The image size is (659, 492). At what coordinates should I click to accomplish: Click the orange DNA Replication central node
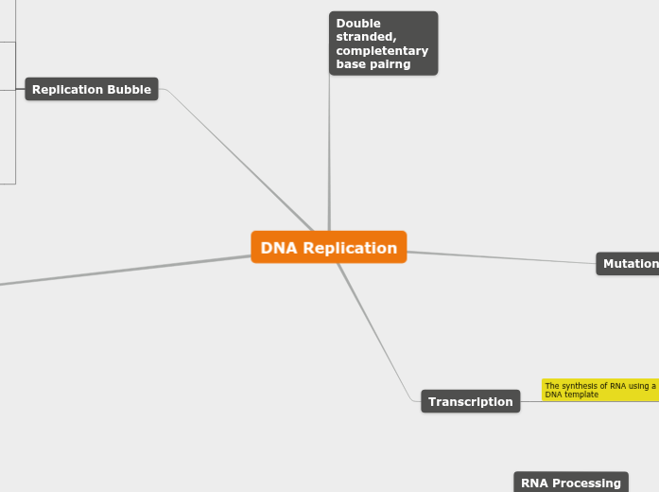(329, 248)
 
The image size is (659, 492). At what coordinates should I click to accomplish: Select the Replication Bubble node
(92, 90)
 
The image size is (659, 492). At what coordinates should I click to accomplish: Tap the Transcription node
(470, 402)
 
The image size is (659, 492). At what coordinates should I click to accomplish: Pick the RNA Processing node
(570, 483)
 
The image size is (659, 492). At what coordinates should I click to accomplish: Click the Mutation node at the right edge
(629, 264)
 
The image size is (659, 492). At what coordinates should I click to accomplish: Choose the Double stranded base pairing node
(383, 44)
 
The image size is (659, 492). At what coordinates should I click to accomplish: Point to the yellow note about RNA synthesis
(600, 390)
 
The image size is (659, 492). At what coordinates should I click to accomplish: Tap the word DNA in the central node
(279, 248)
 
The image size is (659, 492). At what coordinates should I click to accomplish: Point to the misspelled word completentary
(382, 51)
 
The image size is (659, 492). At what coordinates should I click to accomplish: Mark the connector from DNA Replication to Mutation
(501, 257)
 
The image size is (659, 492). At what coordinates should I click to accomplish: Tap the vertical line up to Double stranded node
(329, 151)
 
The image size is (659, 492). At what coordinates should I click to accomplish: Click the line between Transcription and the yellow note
(530, 401)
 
